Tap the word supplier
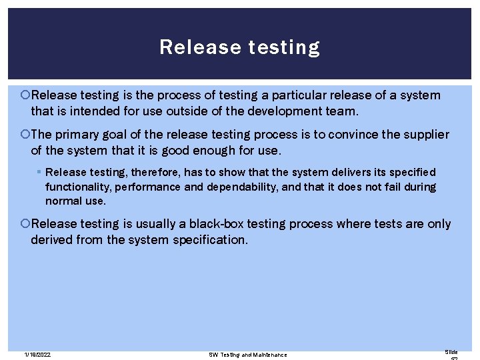(x=425, y=135)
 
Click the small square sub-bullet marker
(x=39, y=173)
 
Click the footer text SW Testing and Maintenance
(x=248, y=354)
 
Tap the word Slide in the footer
(x=451, y=351)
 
